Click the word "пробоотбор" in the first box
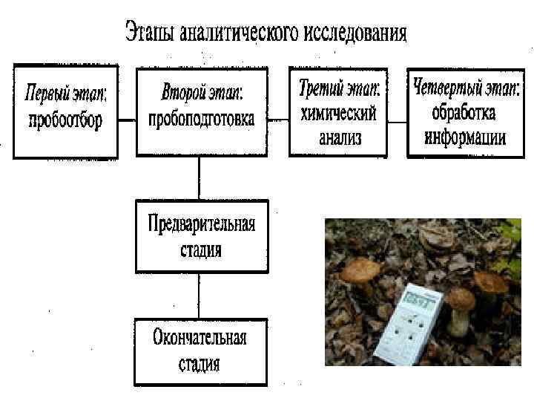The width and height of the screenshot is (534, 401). point(65,122)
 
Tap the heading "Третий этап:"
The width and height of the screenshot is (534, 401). point(338,91)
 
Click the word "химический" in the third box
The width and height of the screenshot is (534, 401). point(338,115)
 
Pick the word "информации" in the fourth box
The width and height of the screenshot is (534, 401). point(465,137)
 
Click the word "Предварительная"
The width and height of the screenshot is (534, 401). point(201,225)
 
